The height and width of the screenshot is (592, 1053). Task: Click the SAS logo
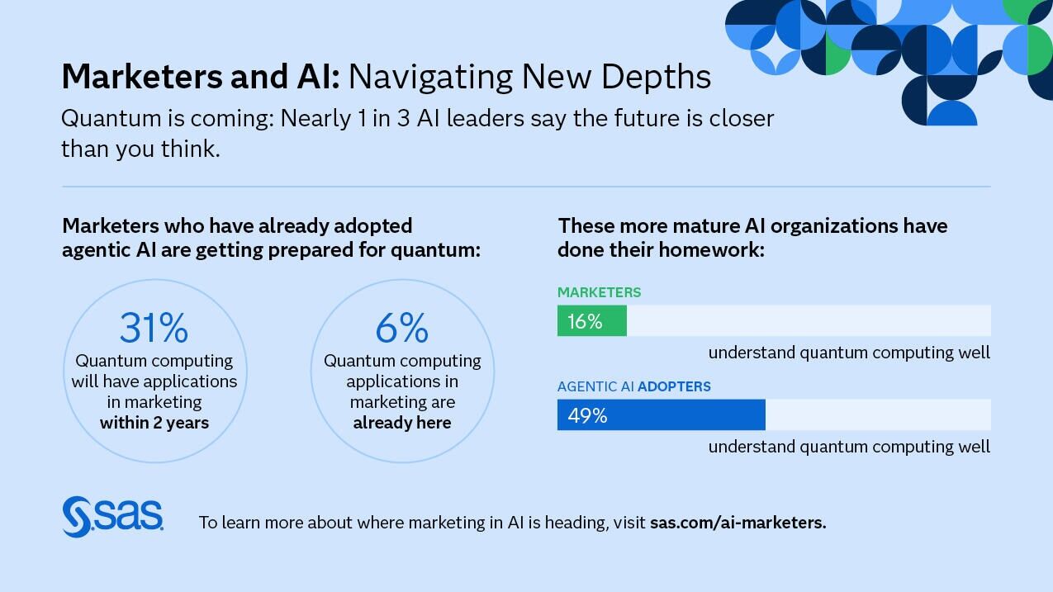pyautogui.click(x=112, y=516)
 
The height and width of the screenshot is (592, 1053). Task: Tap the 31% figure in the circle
pyautogui.click(x=154, y=328)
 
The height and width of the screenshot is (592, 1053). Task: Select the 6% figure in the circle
pyautogui.click(x=402, y=328)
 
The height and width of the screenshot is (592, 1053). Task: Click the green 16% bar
pyautogui.click(x=592, y=320)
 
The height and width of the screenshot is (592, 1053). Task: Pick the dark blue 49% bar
pyautogui.click(x=662, y=415)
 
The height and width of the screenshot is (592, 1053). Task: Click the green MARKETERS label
pyautogui.click(x=599, y=292)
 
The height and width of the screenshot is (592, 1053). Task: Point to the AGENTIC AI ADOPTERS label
pyautogui.click(x=633, y=386)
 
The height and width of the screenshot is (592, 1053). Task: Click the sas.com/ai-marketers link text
pyautogui.click(x=738, y=523)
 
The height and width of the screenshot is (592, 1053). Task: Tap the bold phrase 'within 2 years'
pyautogui.click(x=154, y=423)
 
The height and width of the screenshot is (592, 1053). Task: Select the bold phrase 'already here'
pyautogui.click(x=402, y=423)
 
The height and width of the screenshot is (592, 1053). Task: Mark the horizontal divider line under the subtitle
pyautogui.click(x=525, y=187)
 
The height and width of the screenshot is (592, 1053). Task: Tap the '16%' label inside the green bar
pyautogui.click(x=585, y=321)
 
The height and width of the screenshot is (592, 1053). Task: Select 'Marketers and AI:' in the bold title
pyautogui.click(x=200, y=77)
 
